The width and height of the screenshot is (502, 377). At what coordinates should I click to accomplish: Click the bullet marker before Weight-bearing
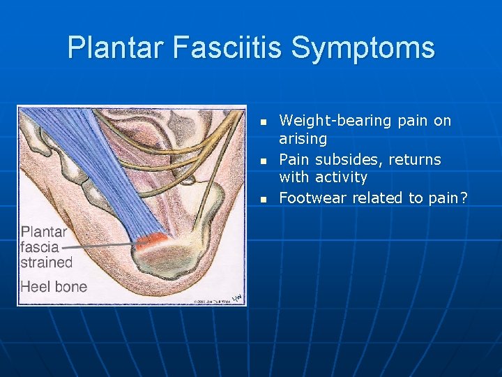pyautogui.click(x=264, y=122)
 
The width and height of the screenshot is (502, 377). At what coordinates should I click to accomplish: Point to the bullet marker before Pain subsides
pyautogui.click(x=264, y=161)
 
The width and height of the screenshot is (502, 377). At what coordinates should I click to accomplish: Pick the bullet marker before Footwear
pyautogui.click(x=264, y=200)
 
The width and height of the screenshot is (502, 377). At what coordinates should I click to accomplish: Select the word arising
pyautogui.click(x=303, y=139)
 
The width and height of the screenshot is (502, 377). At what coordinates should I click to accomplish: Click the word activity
pyautogui.click(x=341, y=177)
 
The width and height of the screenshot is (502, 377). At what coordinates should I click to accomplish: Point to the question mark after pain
pyautogui.click(x=464, y=198)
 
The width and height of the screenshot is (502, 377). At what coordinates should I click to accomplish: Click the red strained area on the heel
pyautogui.click(x=151, y=242)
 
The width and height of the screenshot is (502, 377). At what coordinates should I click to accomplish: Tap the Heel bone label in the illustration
pyautogui.click(x=54, y=286)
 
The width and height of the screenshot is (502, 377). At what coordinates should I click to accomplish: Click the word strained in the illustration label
pyautogui.click(x=47, y=263)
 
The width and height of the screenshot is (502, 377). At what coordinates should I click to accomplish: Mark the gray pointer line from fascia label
pyautogui.click(x=98, y=245)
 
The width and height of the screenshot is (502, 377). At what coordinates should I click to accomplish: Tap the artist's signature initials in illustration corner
pyautogui.click(x=238, y=297)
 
